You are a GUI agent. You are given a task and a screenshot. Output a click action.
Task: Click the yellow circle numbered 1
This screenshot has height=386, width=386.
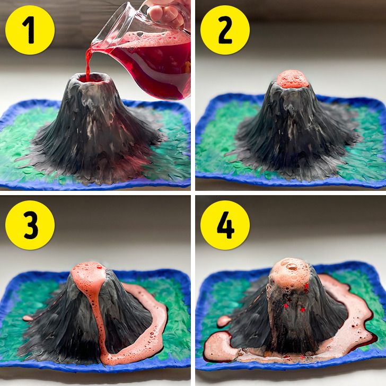tap(30, 30)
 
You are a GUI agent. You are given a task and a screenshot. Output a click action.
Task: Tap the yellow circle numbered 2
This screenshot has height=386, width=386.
tap(225, 30)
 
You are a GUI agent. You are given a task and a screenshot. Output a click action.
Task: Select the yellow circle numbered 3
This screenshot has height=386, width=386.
tap(30, 225)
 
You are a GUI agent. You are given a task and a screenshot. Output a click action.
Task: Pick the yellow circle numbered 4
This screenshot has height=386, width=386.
tap(225, 225)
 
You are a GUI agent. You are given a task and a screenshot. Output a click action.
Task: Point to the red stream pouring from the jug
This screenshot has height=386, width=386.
tap(88, 63)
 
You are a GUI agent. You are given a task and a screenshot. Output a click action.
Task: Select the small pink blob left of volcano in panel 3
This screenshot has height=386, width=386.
tap(28, 318)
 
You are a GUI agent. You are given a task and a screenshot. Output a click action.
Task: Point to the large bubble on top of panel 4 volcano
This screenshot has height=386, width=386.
tap(292, 266)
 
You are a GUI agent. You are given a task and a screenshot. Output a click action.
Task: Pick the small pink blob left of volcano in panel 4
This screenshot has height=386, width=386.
tap(224, 320)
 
